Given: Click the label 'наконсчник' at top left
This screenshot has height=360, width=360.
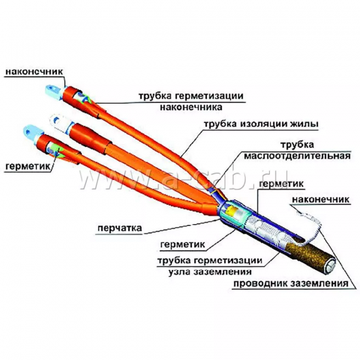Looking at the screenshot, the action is (x=34, y=72).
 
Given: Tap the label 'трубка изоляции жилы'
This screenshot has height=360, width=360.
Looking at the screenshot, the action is (x=261, y=124).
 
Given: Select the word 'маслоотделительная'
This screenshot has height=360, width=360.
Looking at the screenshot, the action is (x=297, y=156).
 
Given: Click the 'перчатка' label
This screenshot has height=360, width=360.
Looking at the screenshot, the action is (x=120, y=229).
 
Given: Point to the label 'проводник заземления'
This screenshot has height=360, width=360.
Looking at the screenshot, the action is (x=291, y=284).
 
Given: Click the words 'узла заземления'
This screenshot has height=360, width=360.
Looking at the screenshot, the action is (x=210, y=272).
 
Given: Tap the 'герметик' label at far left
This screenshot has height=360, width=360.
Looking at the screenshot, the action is (x=27, y=166).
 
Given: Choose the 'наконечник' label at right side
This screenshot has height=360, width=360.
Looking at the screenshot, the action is (x=321, y=199).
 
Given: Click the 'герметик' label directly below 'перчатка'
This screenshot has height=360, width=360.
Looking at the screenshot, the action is (x=182, y=244).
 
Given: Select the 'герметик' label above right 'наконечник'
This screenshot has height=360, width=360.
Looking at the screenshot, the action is (x=281, y=184).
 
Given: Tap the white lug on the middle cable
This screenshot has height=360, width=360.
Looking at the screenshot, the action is (x=59, y=122).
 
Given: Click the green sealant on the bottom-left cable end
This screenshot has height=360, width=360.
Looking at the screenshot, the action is (x=57, y=151).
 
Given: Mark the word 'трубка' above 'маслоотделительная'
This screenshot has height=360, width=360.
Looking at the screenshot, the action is (x=297, y=145).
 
